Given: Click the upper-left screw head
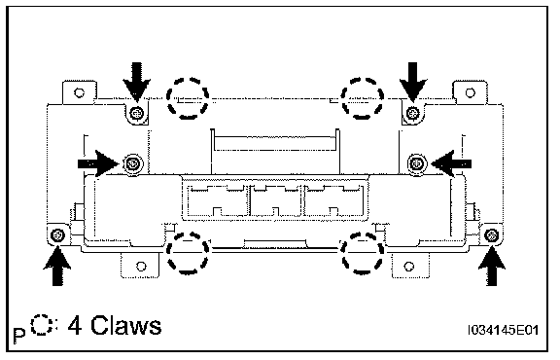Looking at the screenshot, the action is (x=137, y=114).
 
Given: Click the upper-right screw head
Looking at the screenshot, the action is (x=413, y=114).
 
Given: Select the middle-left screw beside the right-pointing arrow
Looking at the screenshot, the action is (x=133, y=164).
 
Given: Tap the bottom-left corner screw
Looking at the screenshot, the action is (x=57, y=235).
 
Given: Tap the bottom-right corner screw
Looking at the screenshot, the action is (x=492, y=235).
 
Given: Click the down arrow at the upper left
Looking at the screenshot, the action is (x=136, y=81).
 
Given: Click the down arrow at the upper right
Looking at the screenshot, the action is (x=413, y=81).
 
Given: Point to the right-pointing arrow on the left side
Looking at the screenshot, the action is (x=98, y=163).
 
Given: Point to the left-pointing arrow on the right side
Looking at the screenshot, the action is (x=451, y=163).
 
